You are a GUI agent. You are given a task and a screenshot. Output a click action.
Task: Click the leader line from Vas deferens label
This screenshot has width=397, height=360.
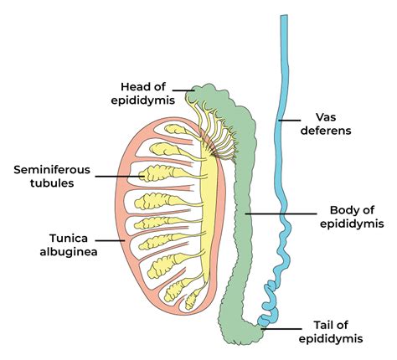291,121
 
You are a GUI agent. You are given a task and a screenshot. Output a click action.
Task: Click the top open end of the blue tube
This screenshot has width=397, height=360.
284,18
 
